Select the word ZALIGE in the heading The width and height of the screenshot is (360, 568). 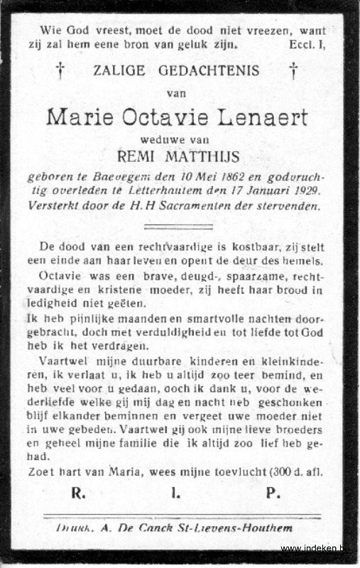[x=118, y=71]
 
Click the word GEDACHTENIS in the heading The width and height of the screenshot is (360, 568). [x=207, y=71]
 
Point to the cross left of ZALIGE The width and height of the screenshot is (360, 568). [x=60, y=70]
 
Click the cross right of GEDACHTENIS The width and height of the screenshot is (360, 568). [x=293, y=70]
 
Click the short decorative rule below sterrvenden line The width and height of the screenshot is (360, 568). [x=178, y=226]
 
